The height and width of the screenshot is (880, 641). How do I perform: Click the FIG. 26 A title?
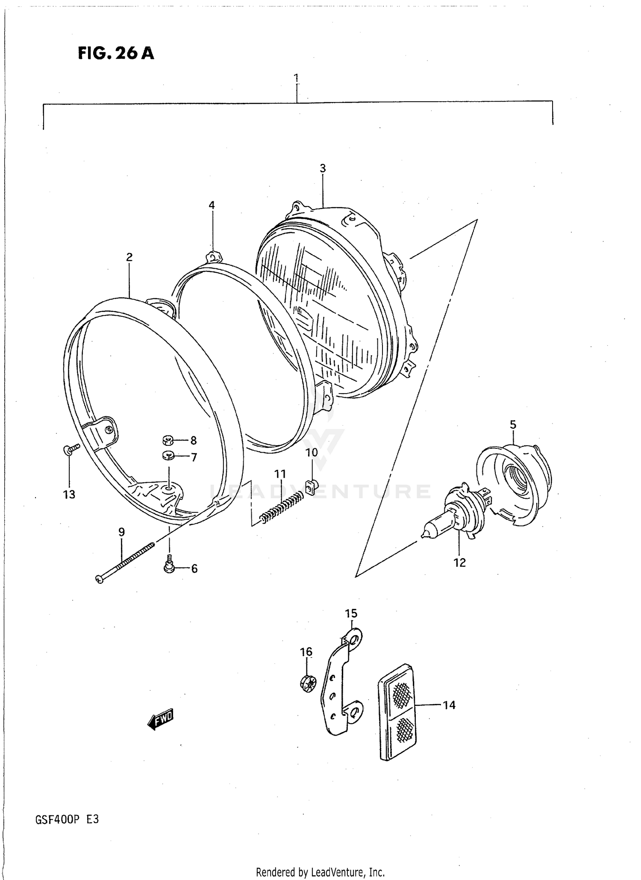pyautogui.click(x=116, y=53)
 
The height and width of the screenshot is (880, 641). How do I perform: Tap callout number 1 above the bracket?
pyautogui.click(x=296, y=78)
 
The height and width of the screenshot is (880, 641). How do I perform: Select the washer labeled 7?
pyautogui.click(x=168, y=456)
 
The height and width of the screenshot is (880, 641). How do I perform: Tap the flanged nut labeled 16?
pyautogui.click(x=307, y=683)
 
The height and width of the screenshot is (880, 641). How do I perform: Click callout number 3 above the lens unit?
pyautogui.click(x=323, y=168)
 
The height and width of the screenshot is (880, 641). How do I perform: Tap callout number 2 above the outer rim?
pyautogui.click(x=129, y=257)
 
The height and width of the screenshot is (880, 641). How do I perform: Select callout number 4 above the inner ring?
pyautogui.click(x=212, y=205)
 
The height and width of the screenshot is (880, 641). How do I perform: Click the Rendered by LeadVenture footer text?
pyautogui.click(x=320, y=872)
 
